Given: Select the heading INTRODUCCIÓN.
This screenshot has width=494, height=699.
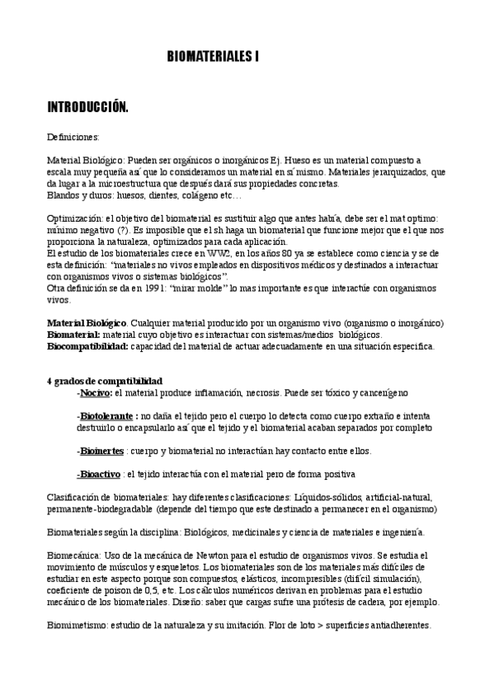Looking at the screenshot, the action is click(x=87, y=107).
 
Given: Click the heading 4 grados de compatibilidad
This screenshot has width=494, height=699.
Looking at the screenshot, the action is click(x=105, y=381).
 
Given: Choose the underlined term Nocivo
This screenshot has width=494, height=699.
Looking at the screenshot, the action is click(x=96, y=393).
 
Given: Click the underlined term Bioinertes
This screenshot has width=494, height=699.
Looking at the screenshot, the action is click(x=101, y=451).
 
